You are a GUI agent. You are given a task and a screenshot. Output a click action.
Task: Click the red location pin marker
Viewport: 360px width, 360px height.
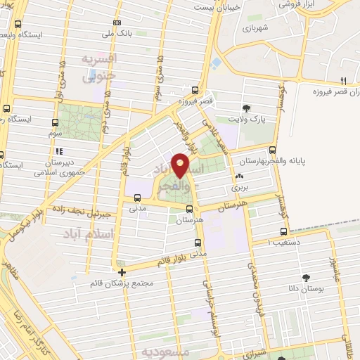tap(181, 165)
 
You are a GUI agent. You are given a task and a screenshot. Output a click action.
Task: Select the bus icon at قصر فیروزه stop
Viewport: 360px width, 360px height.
tap(195, 89)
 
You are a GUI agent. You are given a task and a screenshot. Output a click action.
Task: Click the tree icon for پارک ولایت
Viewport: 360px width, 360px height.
tap(247, 108)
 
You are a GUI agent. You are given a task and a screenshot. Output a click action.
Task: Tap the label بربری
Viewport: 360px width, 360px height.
tap(240, 188)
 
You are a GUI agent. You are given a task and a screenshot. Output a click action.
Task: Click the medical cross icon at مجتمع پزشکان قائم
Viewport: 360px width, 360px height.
tap(122, 272)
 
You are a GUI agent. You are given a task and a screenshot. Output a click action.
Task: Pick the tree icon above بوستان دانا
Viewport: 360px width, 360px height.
tap(306, 278)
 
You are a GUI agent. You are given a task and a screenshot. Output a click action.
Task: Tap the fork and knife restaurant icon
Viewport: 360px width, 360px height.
tap(343, 80)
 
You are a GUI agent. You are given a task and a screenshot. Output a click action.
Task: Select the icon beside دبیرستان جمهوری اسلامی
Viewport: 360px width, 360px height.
tap(60, 150)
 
